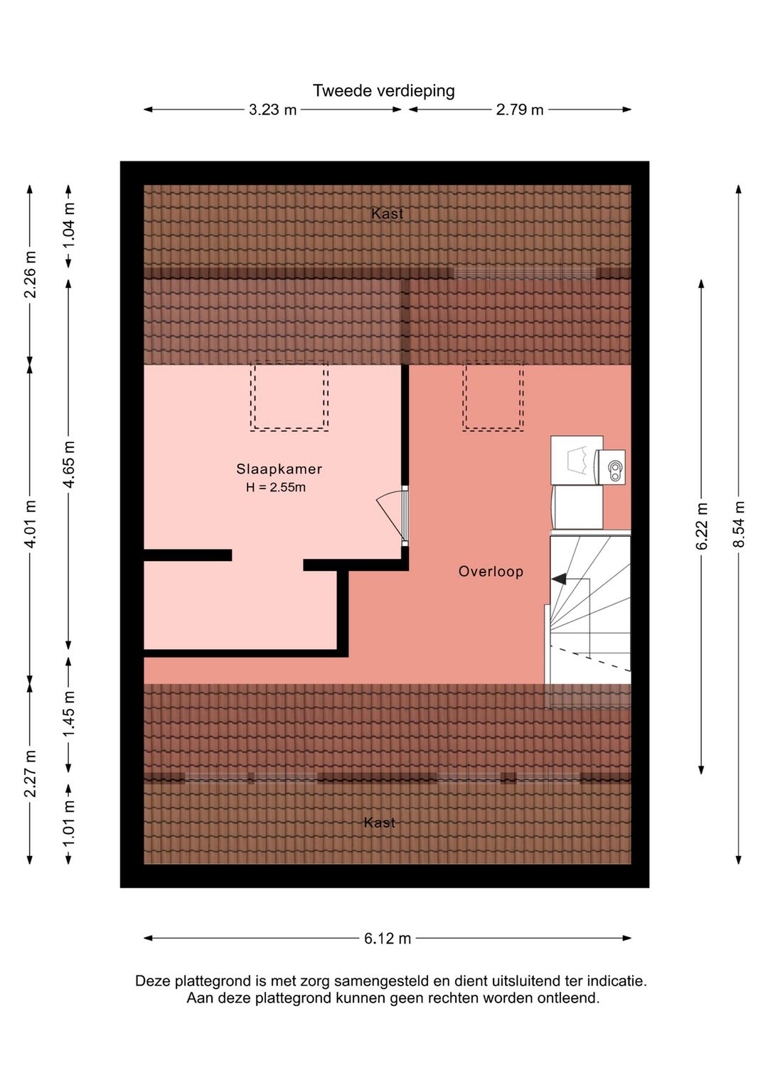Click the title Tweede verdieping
click(x=383, y=90)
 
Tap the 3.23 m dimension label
click(x=272, y=110)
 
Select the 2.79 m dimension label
click(x=519, y=110)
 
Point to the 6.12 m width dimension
click(x=387, y=939)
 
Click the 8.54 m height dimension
click(x=738, y=525)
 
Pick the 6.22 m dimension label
click(x=702, y=526)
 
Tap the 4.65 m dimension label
click(x=69, y=464)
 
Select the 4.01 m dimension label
click(x=30, y=523)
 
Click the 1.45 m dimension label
click(x=69, y=714)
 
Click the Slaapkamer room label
click(x=279, y=469)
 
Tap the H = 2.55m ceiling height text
click(x=276, y=487)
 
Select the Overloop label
click(x=491, y=572)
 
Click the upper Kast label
click(x=387, y=213)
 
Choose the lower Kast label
click(x=380, y=823)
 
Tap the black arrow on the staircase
click(x=559, y=578)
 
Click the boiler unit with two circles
click(x=612, y=467)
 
